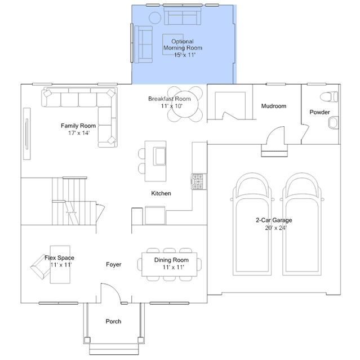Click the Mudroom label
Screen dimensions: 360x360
click(274, 106)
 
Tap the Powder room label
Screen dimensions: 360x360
click(319, 112)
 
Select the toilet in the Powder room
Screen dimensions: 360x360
click(329, 97)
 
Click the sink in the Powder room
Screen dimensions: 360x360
click(334, 122)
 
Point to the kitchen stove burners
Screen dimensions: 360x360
click(199, 181)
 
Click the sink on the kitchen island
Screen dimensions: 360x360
click(161, 157)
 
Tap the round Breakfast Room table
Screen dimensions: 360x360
click(185, 104)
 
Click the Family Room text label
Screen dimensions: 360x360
click(78, 126)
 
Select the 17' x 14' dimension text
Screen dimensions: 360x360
click(79, 133)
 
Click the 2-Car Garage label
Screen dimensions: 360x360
click(274, 220)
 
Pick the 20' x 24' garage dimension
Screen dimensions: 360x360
click(275, 228)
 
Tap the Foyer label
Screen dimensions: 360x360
click(114, 264)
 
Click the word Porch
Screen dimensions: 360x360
click(113, 322)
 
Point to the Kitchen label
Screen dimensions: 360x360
click(161, 193)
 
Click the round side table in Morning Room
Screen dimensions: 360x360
click(155, 17)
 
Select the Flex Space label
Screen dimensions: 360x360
click(59, 258)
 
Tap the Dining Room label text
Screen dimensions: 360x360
click(171, 260)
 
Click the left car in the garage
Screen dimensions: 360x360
click(252, 224)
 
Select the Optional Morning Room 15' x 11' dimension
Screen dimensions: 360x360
click(185, 55)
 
